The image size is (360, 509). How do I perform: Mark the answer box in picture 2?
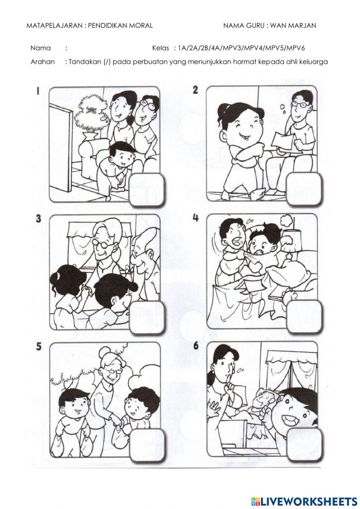pos(304,189)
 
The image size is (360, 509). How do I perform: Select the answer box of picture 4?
pos(304,317)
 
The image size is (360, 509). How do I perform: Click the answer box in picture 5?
pos(147,446)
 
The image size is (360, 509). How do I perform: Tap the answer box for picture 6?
pos(304,445)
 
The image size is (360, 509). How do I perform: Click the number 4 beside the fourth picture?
pos(195,218)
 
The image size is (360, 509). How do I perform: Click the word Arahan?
pos(42,62)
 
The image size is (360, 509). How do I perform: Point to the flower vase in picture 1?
pos(90,136)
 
